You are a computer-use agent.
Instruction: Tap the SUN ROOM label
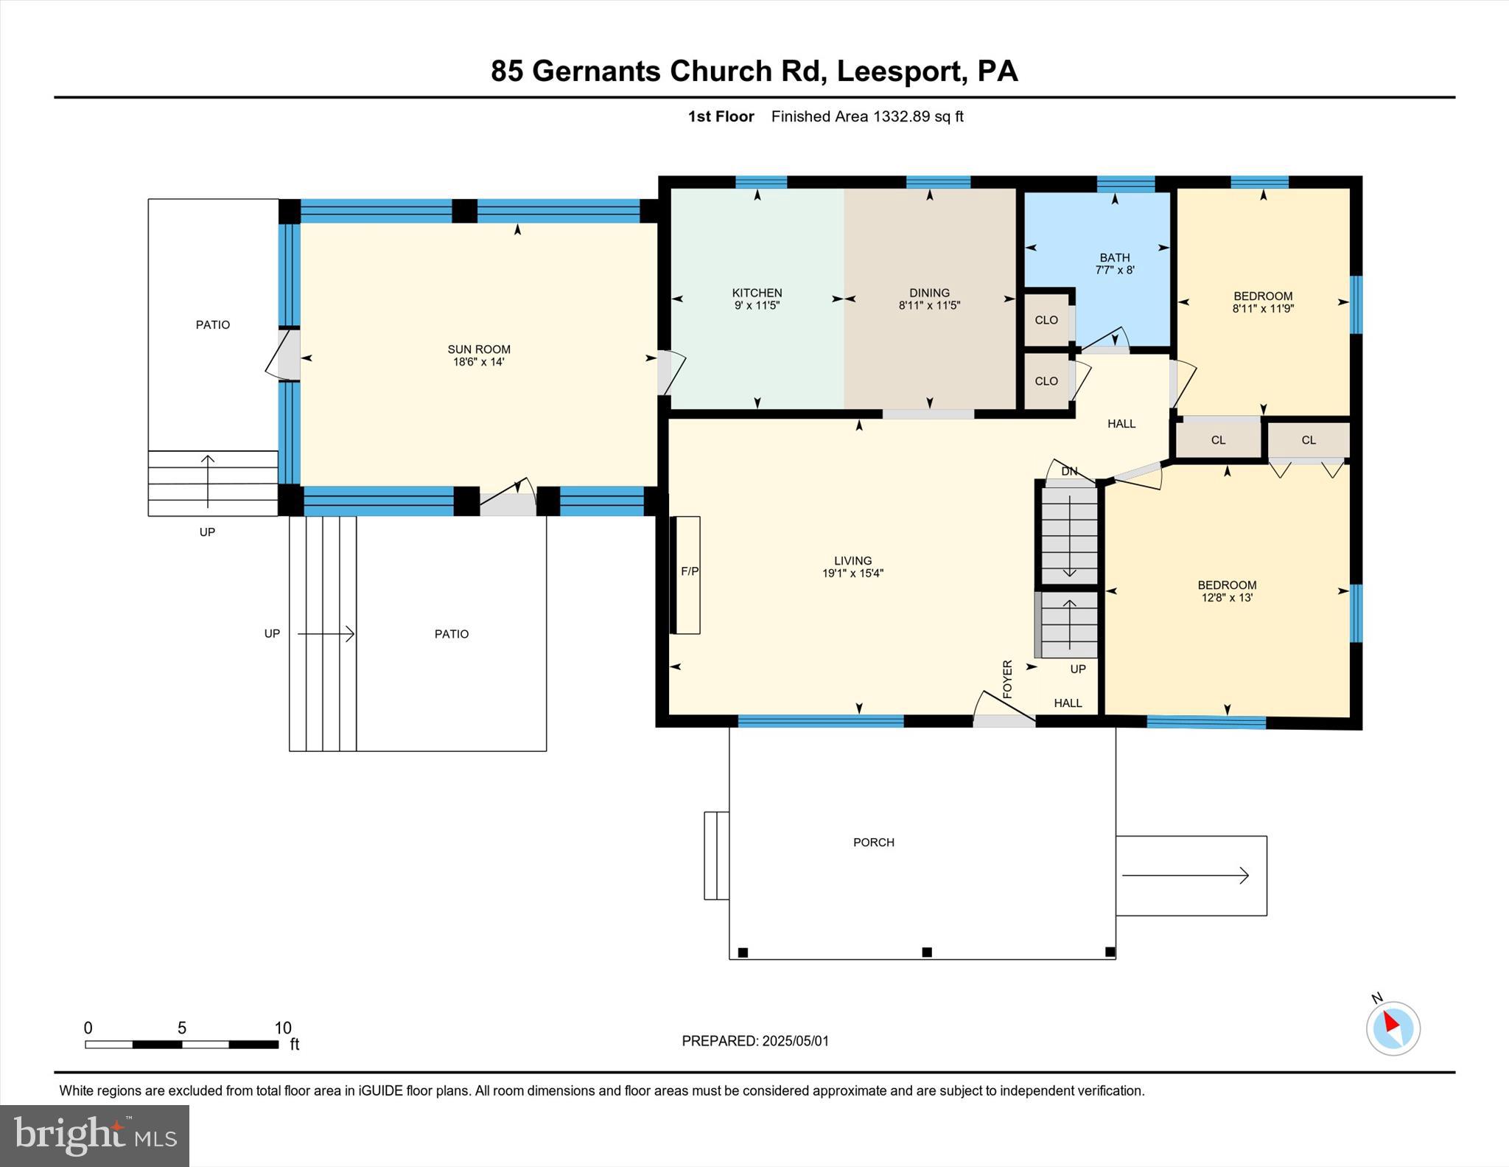pyautogui.click(x=479, y=349)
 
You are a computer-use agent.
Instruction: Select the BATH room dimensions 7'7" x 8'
pyautogui.click(x=1115, y=271)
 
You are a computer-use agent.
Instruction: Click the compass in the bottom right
pyautogui.click(x=1393, y=1028)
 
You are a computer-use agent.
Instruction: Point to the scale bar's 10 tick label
pyautogui.click(x=283, y=1028)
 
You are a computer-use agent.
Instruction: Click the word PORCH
pyautogui.click(x=874, y=843)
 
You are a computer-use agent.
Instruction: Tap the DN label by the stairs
pyautogui.click(x=1069, y=471)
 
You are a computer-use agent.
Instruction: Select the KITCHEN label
pyautogui.click(x=757, y=293)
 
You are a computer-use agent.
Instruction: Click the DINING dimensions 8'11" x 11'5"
pyautogui.click(x=929, y=305)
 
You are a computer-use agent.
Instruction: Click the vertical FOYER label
pyautogui.click(x=1008, y=679)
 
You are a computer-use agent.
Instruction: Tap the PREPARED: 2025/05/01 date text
pyautogui.click(x=755, y=1041)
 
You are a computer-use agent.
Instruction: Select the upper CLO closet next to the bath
pyautogui.click(x=1046, y=320)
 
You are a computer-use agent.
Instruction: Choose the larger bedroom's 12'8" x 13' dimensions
pyautogui.click(x=1227, y=598)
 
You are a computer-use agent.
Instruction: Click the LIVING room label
pyautogui.click(x=853, y=561)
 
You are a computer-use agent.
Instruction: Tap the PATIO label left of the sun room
pyautogui.click(x=213, y=324)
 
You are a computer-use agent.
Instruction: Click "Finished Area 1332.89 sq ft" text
pyautogui.click(x=867, y=116)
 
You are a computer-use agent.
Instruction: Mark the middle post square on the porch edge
pyautogui.click(x=927, y=952)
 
